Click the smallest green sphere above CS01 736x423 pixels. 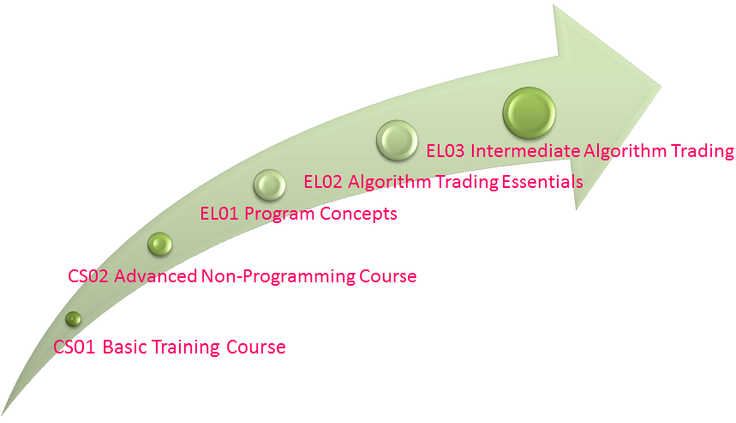[73, 319]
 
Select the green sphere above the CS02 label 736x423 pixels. [159, 245]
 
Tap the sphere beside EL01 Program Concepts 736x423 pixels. [269, 185]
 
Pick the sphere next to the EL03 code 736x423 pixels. [397, 141]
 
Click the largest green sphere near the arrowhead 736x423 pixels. [529, 112]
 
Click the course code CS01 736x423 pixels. [75, 347]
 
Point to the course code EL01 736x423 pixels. [219, 214]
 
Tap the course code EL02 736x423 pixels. [323, 182]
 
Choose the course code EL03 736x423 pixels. [445, 151]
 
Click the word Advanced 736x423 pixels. [155, 276]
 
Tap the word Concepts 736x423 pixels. [359, 215]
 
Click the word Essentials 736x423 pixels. [542, 181]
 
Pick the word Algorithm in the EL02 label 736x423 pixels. [389, 183]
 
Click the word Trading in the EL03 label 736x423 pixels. [703, 151]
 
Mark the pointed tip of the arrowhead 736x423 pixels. [661, 87]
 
